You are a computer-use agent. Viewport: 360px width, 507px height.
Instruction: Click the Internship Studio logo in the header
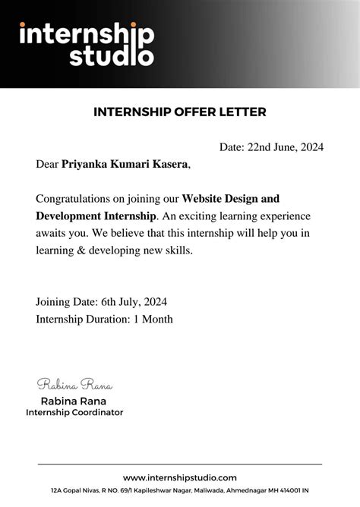point(87,44)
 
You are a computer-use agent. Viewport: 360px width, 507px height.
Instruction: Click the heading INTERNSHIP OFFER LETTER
point(179,112)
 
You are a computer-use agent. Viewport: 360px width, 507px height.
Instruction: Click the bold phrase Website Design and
point(231,200)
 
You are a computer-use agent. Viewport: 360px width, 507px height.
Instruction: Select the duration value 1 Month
point(153,319)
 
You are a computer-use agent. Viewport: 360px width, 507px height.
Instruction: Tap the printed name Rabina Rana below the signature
point(73,401)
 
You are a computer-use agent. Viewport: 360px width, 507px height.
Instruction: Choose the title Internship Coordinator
point(74,412)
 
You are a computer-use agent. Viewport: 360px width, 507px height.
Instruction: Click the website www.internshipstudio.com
point(180,477)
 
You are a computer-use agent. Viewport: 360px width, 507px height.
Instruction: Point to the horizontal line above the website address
point(180,464)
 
